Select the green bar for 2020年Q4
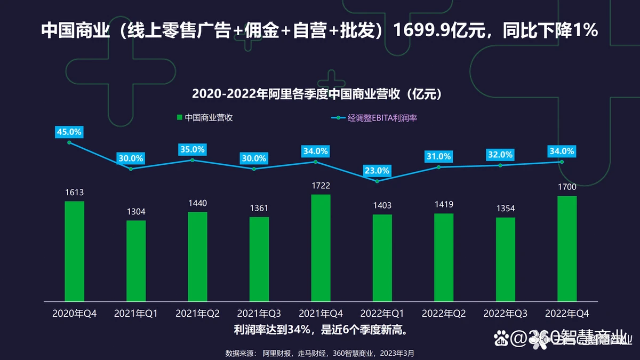click(x=74, y=250)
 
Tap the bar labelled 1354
click(x=506, y=259)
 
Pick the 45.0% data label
click(x=69, y=132)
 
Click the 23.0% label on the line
click(x=377, y=171)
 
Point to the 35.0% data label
click(x=192, y=150)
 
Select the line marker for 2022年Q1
click(x=377, y=181)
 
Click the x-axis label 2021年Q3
click(x=259, y=313)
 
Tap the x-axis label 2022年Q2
click(x=444, y=313)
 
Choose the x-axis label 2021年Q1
click(x=136, y=313)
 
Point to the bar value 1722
click(x=321, y=186)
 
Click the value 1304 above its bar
click(x=136, y=212)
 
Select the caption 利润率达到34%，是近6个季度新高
click(x=320, y=330)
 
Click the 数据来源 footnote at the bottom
click(x=320, y=353)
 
